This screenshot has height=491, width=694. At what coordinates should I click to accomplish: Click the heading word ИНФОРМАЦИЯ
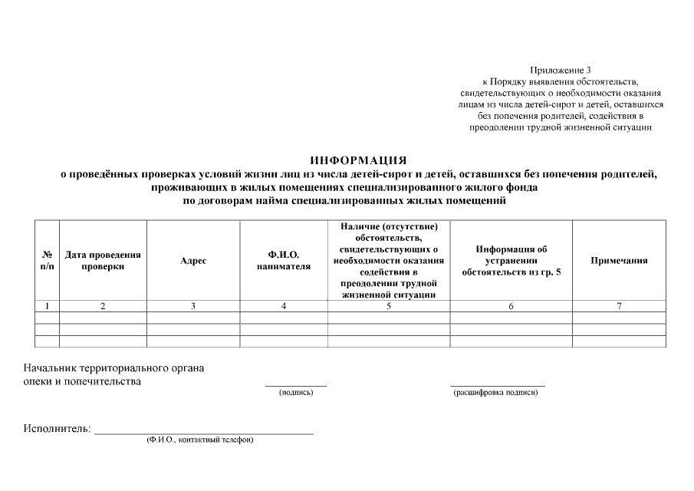pos(358,160)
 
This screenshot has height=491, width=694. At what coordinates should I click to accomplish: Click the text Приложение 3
pos(561,71)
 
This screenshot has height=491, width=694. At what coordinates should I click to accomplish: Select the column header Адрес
pos(193,261)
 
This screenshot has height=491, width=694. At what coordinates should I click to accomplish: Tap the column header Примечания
pos(618,261)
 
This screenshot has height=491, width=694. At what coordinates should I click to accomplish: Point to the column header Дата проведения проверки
pos(103,261)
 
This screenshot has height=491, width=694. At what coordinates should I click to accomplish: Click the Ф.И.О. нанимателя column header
pos(284,261)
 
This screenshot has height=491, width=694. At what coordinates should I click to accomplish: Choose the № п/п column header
pos(47,261)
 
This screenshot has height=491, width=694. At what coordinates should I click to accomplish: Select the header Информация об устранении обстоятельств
pos(511,261)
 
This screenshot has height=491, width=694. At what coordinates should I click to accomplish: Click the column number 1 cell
pos(47,306)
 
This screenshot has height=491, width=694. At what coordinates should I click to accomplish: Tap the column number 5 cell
pos(389,306)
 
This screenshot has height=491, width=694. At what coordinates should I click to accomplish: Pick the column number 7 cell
pos(618,306)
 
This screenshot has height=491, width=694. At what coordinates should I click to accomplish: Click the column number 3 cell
pos(193,306)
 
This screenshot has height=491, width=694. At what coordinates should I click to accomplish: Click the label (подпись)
pos(296,393)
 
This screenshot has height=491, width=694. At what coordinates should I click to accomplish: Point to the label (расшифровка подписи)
pos(496,393)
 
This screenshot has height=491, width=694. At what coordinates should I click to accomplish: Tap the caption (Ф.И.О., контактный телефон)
pos(200,440)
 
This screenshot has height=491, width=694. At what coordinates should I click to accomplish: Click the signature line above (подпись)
pos(296,385)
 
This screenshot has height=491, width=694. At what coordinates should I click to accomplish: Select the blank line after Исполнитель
pos(203,433)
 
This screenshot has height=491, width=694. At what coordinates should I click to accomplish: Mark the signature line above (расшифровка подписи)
pos(497,385)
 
